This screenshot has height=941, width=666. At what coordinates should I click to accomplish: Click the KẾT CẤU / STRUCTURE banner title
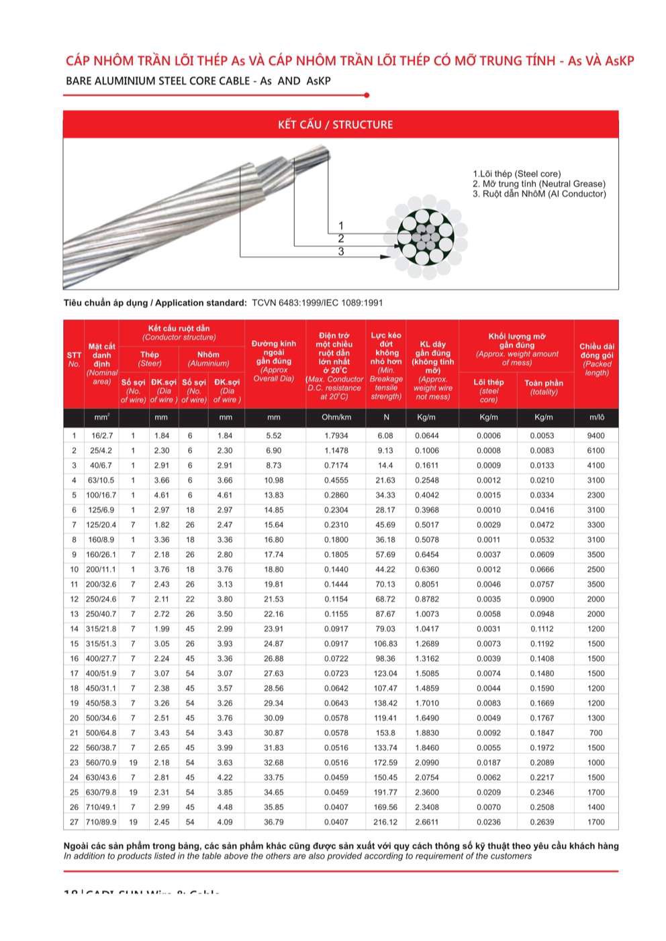tap(335, 124)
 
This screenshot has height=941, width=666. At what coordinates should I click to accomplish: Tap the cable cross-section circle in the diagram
tap(426, 239)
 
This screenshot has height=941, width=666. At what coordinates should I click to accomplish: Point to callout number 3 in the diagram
tap(341, 252)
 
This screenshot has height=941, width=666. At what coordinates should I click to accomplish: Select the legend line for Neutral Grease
tap(538, 184)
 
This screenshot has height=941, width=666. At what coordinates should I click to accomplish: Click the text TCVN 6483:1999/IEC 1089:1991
tap(318, 302)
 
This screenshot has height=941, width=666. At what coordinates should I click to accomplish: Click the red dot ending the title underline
tap(367, 95)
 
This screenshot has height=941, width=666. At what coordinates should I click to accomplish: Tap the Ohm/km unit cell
tap(336, 417)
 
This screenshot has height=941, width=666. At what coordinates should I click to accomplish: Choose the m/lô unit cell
tap(596, 417)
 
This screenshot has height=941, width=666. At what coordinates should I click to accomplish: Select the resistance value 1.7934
tap(336, 435)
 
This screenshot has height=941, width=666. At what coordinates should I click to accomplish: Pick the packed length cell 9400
tap(596, 435)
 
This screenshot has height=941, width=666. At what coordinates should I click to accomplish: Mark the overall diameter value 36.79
tap(273, 822)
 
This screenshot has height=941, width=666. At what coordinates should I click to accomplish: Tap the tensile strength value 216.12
tap(385, 822)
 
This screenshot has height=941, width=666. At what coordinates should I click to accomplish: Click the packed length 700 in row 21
tap(596, 732)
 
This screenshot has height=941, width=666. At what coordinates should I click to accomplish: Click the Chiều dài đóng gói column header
tap(596, 359)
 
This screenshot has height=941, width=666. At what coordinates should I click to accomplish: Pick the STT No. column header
tap(74, 359)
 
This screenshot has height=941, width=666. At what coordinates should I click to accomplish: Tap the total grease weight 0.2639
tap(543, 822)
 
